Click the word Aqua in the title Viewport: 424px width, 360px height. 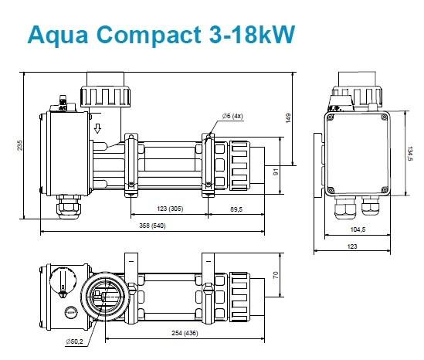tap(58, 36)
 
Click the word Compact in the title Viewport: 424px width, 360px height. tap(148, 36)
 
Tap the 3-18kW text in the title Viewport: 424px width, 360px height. tap(252, 34)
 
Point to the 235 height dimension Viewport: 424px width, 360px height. tap(20, 145)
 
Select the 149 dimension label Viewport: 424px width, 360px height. tap(288, 118)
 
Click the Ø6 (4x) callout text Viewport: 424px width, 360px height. tap(232, 116)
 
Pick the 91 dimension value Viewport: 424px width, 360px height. tap(276, 172)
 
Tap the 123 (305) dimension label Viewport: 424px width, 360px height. tap(170, 209)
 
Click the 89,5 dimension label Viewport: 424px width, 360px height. tap(236, 209)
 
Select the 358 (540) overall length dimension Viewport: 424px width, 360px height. tap(152, 226)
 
